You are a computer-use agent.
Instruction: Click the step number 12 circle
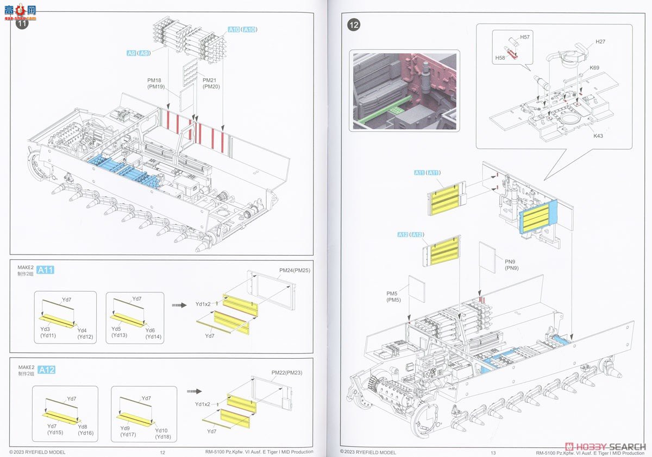coord(354,24)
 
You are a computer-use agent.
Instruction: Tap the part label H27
coord(600,42)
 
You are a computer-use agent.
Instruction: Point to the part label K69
coord(595,68)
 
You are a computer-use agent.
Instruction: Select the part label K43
coord(598,136)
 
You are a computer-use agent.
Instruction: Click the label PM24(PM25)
coord(294,270)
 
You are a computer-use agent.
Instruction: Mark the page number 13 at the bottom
coord(493,453)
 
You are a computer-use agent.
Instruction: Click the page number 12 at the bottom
coord(162,453)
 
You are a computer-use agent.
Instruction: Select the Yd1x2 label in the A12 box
coord(203,404)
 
